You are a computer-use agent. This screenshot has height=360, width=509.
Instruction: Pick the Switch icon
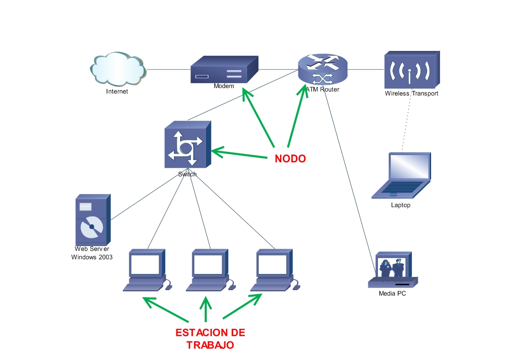point(188,144)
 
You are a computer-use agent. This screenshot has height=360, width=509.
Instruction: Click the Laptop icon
point(401,176)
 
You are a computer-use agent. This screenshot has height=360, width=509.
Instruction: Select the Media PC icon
point(393,270)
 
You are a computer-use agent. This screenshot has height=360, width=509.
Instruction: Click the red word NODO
point(290,159)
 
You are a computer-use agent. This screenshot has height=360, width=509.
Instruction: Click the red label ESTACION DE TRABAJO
point(210,339)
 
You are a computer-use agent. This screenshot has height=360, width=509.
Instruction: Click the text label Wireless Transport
point(411,93)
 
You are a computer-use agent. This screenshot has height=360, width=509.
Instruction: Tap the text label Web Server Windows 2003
point(92,253)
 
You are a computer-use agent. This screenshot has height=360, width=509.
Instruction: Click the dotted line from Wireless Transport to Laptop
point(407,124)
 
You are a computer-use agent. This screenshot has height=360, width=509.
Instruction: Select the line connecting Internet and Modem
point(168,69)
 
